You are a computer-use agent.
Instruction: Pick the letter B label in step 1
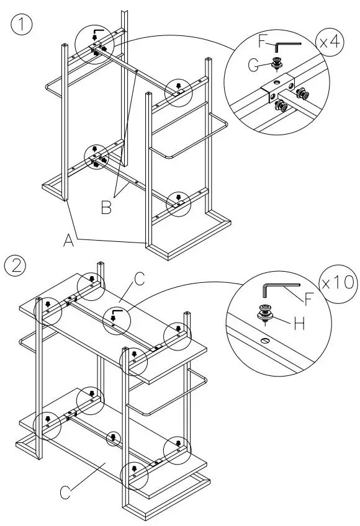tap(107, 208)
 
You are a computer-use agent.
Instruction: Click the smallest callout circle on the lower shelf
tap(113, 439)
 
